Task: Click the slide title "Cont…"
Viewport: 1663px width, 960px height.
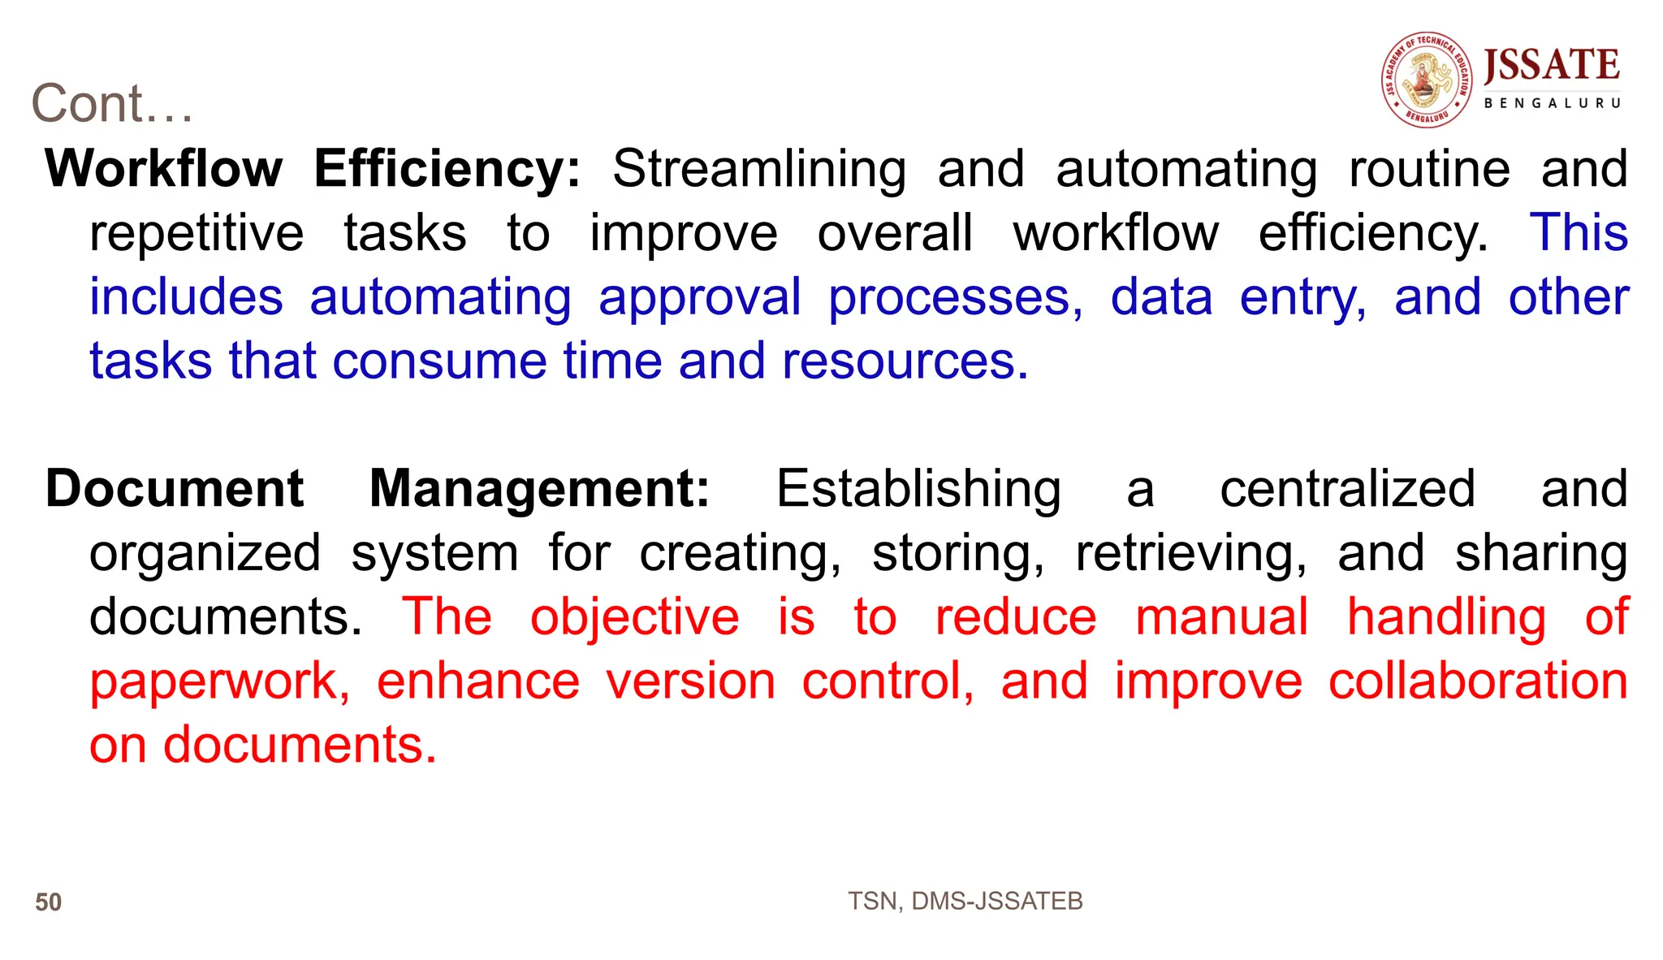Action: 112,104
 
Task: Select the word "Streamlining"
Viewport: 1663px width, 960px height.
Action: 759,170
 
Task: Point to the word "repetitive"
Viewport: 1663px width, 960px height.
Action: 197,234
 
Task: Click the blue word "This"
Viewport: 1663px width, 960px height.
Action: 1579,232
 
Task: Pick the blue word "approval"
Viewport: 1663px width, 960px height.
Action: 700,298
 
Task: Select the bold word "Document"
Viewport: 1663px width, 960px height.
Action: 175,489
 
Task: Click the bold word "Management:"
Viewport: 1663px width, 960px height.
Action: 540,489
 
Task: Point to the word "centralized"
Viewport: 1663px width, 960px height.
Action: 1347,489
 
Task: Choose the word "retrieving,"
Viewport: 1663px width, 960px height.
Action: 1191,554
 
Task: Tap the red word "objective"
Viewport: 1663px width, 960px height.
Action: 634,617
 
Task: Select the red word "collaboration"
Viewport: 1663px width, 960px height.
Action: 1478,681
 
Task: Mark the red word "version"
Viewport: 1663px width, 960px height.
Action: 691,681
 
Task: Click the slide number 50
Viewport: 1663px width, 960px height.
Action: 49,902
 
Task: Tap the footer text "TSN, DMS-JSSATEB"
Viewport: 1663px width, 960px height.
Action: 965,901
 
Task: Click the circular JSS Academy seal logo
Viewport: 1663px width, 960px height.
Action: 1428,80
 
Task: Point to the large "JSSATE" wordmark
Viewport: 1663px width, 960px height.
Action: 1552,66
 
